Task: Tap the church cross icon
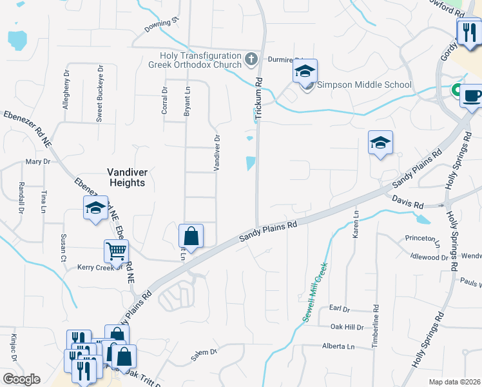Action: click(251, 61)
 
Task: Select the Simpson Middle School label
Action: click(364, 84)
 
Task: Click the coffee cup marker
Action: click(472, 96)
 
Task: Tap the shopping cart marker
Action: click(117, 250)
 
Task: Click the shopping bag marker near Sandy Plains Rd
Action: click(191, 235)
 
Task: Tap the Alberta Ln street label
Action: click(338, 346)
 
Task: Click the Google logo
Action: click(21, 379)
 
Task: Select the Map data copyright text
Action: click(454, 382)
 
